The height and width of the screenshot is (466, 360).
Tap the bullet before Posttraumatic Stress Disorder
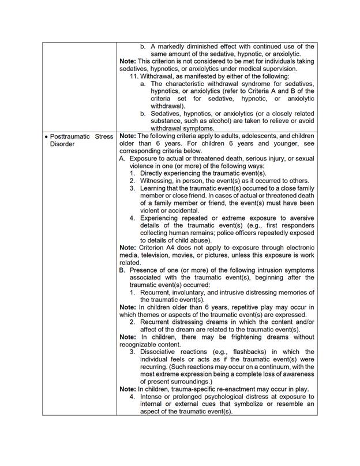click(46, 136)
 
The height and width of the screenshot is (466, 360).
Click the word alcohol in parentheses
click(231, 121)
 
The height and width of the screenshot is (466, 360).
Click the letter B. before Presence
click(122, 271)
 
